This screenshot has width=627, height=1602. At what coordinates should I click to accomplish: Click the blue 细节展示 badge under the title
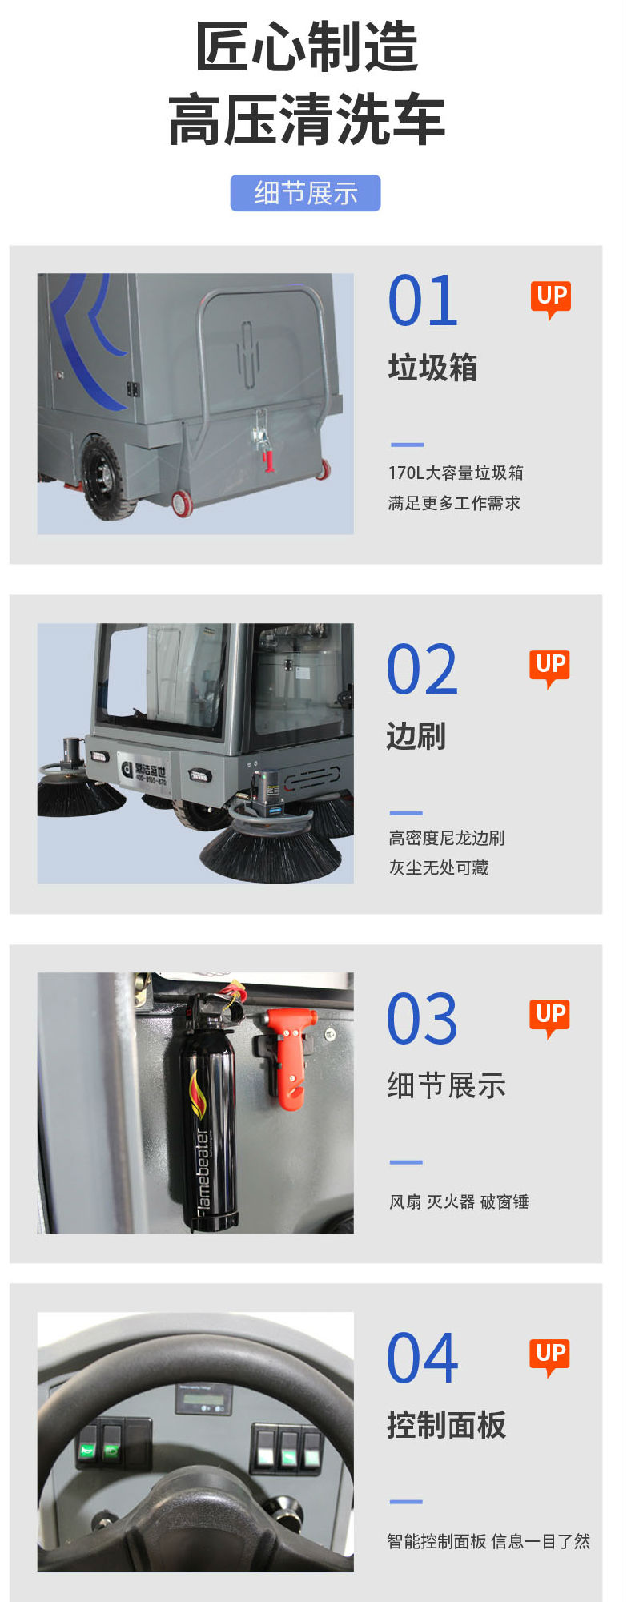click(x=305, y=193)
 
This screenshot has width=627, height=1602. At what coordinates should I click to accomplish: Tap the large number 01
click(x=423, y=300)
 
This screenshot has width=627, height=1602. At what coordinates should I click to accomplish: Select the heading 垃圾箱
click(x=432, y=368)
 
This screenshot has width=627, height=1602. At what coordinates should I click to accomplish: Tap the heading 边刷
click(x=416, y=735)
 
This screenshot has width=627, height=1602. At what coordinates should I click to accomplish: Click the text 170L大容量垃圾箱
click(x=456, y=473)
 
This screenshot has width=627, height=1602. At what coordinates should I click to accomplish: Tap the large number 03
click(x=422, y=1019)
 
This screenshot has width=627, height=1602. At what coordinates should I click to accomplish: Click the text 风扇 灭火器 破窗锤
click(x=459, y=1201)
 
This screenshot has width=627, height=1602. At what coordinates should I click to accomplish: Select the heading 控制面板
click(x=446, y=1425)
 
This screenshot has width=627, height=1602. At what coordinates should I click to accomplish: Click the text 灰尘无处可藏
click(x=439, y=867)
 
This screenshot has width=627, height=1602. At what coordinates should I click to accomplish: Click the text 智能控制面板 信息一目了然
click(x=488, y=1541)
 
